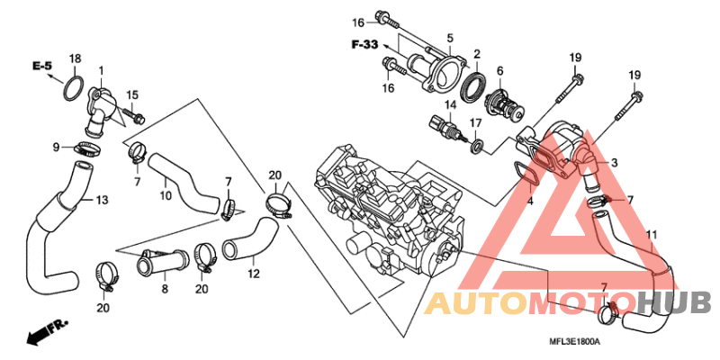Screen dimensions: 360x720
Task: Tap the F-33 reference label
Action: click(364, 44)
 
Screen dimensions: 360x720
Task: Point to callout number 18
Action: click(76, 58)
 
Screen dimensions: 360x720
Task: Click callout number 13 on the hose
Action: click(102, 199)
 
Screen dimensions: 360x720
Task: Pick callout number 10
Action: click(165, 195)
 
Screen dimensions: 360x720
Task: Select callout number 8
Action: click(165, 289)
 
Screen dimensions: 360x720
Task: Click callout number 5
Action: click(449, 38)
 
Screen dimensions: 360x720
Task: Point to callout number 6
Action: click(499, 71)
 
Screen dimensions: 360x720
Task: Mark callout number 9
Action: click(56, 147)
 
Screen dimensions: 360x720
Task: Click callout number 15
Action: click(131, 95)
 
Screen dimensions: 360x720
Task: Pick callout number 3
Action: click(614, 163)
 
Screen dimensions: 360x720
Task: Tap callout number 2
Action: click(477, 54)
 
